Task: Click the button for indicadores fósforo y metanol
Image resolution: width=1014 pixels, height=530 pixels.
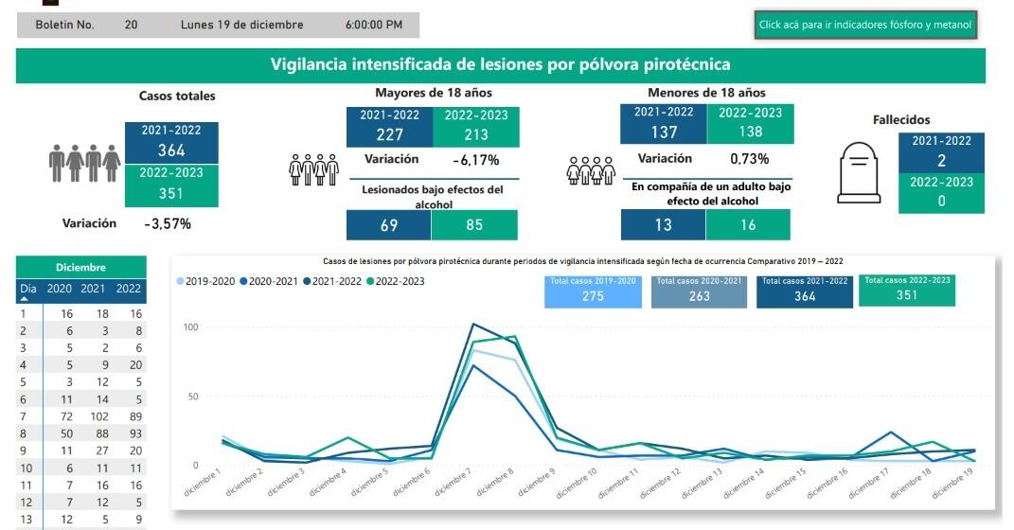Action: tap(864, 26)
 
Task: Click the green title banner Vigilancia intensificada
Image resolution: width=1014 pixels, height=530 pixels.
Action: tap(500, 64)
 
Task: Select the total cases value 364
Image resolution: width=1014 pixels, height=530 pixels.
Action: tap(171, 150)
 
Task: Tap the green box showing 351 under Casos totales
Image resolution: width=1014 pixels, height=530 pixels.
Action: tap(171, 192)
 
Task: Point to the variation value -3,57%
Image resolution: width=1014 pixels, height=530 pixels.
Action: tap(168, 224)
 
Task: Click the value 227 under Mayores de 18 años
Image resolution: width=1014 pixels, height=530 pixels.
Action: tap(389, 134)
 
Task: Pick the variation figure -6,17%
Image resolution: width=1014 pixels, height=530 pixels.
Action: tap(475, 160)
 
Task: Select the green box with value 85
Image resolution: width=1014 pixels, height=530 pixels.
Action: tap(474, 225)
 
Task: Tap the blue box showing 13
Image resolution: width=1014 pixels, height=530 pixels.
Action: tap(663, 225)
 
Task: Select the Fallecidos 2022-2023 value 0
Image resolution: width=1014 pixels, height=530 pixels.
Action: tap(941, 202)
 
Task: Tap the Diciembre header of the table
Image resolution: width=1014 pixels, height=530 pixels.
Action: tap(80, 268)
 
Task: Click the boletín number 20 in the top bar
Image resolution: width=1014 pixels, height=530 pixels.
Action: tap(131, 25)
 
